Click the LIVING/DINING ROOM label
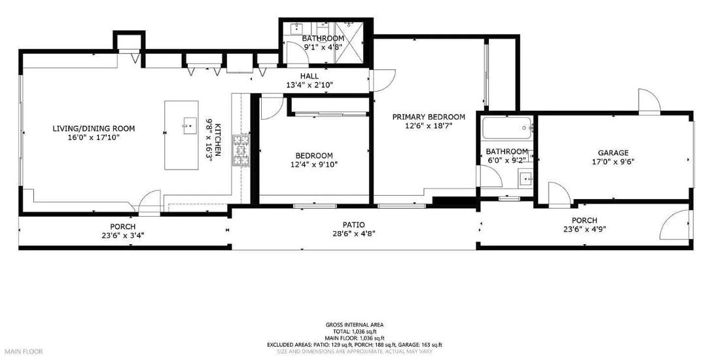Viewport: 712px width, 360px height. [x=89, y=128]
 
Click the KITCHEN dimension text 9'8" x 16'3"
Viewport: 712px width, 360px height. [x=210, y=140]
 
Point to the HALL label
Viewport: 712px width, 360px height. [x=310, y=76]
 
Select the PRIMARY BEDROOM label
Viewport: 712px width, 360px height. [x=429, y=117]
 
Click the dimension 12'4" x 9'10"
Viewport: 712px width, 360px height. [x=313, y=164]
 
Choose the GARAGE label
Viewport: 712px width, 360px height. [x=613, y=153]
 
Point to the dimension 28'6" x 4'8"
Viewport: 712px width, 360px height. [x=354, y=233]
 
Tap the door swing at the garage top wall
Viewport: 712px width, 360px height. [x=649, y=100]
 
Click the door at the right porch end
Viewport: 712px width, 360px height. [x=674, y=226]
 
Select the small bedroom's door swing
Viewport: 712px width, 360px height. [x=270, y=108]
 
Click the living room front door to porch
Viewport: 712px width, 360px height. [x=149, y=201]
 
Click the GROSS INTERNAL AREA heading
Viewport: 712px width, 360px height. [x=354, y=325]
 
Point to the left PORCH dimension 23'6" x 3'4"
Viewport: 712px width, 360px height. [x=122, y=236]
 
